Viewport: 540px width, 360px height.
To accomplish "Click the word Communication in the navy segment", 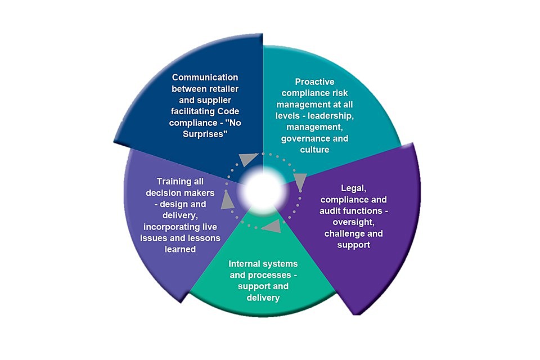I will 205,77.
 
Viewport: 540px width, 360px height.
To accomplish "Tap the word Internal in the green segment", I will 244,264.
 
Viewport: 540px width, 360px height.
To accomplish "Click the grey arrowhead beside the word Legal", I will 300,180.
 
